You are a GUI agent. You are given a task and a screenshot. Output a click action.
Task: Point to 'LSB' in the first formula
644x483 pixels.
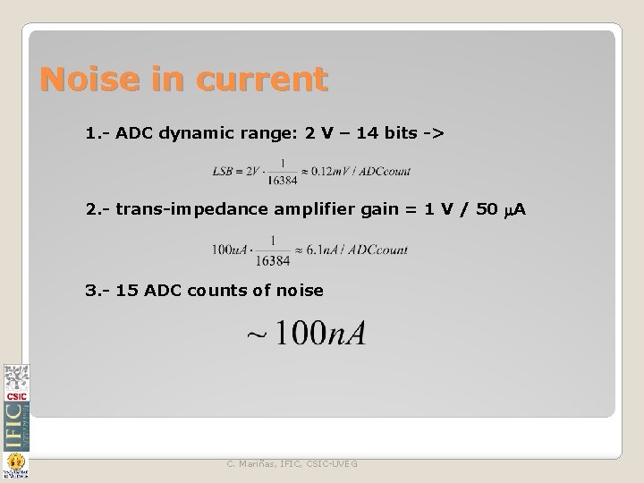225,170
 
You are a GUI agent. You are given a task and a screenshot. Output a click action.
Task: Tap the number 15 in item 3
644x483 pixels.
128,291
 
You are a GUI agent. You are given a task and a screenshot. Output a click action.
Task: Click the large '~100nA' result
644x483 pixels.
306,334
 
